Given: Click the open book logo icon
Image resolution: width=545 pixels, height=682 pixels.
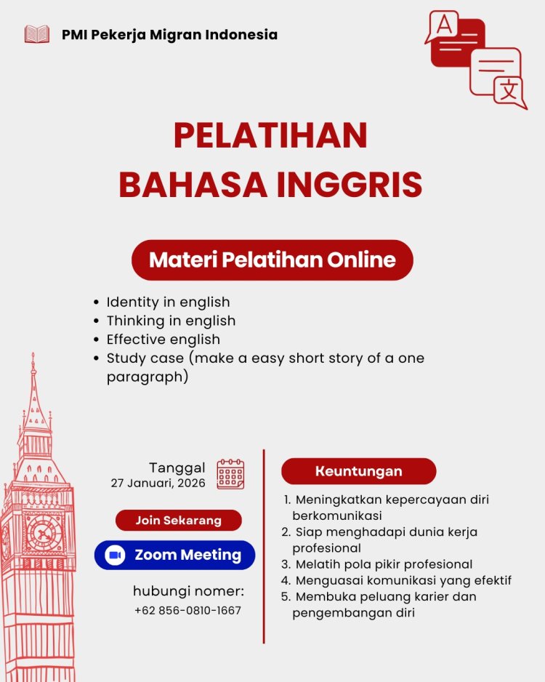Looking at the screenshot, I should point(37,34).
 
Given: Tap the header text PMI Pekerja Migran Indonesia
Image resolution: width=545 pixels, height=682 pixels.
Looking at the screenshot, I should point(169,34).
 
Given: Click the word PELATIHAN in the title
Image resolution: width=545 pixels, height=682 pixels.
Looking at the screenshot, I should point(270,136).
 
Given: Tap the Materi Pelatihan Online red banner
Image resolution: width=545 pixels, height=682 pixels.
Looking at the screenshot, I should point(272,260).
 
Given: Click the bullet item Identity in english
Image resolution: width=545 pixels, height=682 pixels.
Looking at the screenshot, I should point(168,302).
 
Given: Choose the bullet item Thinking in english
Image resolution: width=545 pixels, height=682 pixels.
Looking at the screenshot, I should point(171,321).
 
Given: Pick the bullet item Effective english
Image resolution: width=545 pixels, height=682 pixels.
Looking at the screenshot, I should point(163,340).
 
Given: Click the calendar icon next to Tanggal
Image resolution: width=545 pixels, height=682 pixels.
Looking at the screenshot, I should point(230,474).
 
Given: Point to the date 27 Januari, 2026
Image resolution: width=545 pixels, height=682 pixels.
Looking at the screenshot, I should point(158,483).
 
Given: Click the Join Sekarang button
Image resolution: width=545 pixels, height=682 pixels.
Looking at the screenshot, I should point(178,521).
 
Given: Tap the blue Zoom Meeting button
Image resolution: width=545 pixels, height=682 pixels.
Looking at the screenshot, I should point(174,555).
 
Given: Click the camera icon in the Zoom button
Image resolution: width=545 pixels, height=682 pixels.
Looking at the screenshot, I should point(115,555).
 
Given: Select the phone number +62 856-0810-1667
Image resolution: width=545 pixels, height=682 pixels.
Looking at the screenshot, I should point(187,610).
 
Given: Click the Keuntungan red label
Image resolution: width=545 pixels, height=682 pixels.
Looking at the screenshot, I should point(358,471).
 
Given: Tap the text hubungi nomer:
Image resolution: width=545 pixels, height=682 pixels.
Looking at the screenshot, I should point(188,590).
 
